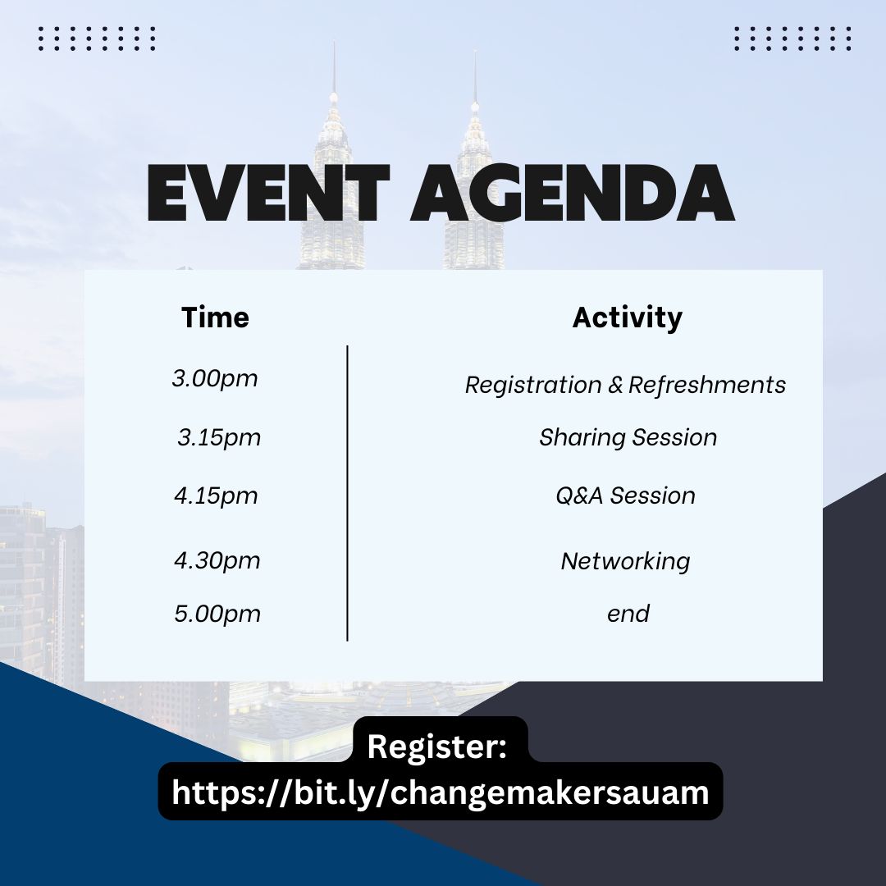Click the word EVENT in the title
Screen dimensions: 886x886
268,193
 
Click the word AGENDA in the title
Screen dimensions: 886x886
573,193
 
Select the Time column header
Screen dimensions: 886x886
215,317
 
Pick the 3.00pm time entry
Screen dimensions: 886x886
215,378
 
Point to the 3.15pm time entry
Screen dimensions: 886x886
219,438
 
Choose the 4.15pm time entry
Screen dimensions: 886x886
216,496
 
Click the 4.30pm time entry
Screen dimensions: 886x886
217,561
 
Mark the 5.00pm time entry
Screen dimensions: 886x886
217,614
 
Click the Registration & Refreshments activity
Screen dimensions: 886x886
625,386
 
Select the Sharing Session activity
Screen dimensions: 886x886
628,438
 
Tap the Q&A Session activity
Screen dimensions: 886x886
625,496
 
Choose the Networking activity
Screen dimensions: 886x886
625,562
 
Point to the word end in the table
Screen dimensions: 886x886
628,614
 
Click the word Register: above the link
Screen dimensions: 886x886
436,747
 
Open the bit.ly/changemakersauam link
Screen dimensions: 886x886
441,792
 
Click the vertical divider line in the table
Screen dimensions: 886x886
347,493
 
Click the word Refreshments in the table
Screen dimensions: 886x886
707,386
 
